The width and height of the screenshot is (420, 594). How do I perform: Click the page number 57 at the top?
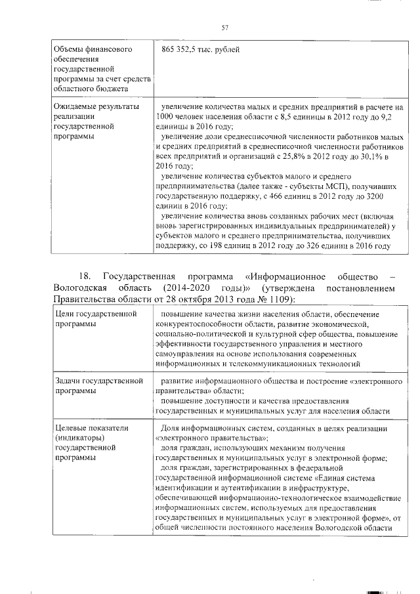[x=224, y=27]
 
